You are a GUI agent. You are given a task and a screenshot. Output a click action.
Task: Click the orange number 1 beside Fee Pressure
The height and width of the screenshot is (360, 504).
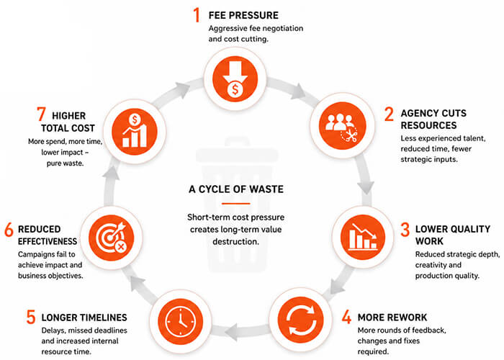(197, 15)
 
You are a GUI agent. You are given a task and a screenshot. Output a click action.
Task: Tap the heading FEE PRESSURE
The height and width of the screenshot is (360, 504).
(243, 15)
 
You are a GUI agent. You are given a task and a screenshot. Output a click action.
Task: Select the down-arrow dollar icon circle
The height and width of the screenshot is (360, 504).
(235, 78)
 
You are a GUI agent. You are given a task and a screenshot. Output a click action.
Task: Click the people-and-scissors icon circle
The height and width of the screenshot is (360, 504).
(342, 125)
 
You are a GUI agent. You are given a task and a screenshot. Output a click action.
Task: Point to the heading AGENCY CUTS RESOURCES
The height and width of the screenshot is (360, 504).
(433, 119)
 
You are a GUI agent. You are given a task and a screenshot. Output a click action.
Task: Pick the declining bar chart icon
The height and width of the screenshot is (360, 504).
(363, 237)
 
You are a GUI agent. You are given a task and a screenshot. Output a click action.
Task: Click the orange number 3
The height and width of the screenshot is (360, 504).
(405, 230)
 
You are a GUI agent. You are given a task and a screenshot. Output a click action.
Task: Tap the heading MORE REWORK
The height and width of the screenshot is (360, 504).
(392, 318)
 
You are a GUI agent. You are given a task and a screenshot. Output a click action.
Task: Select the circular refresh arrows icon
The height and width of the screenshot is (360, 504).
(300, 320)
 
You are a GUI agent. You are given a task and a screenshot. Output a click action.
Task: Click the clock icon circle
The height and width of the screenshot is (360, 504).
(180, 321)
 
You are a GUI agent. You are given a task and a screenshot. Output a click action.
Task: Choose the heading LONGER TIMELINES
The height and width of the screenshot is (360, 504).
(84, 318)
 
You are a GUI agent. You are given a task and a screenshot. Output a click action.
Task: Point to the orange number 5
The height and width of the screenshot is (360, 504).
(31, 317)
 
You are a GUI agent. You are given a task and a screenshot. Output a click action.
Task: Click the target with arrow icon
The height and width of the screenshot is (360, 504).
(111, 238)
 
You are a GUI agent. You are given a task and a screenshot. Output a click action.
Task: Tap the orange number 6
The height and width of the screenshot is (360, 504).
(9, 230)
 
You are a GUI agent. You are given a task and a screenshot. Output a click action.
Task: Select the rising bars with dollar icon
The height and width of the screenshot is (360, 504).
(135, 132)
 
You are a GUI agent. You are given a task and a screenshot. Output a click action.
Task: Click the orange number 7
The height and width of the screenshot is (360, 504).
(41, 114)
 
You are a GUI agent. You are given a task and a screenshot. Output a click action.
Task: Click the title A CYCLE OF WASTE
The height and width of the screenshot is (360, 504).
(236, 189)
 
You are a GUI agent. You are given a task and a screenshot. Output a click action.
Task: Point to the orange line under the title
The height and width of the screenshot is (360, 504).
(236, 204)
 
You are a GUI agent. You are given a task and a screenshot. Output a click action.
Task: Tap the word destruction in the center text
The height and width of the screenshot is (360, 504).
(235, 241)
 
